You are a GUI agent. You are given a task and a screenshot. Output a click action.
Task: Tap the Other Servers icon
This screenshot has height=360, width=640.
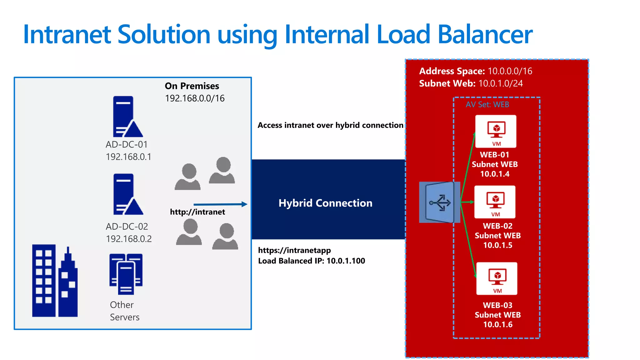126,274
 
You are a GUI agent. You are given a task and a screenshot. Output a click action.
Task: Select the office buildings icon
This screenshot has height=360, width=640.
55,281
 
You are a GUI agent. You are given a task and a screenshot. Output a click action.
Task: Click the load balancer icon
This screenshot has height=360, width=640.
439,202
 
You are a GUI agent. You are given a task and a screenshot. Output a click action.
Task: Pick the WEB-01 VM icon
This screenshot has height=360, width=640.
496,131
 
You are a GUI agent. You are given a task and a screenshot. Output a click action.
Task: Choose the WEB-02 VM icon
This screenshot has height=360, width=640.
495,202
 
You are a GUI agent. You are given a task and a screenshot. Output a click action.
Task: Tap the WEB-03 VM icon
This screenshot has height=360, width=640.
497,278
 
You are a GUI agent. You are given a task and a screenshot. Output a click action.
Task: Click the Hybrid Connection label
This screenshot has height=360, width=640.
325,203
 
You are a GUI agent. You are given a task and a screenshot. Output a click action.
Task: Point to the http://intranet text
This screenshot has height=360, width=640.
197,212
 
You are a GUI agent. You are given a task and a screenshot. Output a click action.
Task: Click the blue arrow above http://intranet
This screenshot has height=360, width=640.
220,204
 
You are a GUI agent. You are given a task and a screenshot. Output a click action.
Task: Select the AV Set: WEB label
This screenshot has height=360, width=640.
487,104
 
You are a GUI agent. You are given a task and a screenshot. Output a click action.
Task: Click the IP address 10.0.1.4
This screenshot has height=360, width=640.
495,174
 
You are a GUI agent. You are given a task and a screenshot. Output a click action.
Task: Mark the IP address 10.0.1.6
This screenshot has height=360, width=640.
497,325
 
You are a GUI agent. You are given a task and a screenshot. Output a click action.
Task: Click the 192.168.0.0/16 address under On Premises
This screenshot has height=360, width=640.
195,98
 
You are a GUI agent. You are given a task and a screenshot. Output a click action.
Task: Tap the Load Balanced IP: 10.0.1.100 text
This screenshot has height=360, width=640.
311,261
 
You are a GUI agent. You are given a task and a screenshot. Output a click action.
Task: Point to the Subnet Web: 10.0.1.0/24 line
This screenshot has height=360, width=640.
471,83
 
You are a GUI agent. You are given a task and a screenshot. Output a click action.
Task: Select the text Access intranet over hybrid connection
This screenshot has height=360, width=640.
330,125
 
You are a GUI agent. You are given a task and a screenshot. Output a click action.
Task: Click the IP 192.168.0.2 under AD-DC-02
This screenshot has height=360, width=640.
129,239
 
